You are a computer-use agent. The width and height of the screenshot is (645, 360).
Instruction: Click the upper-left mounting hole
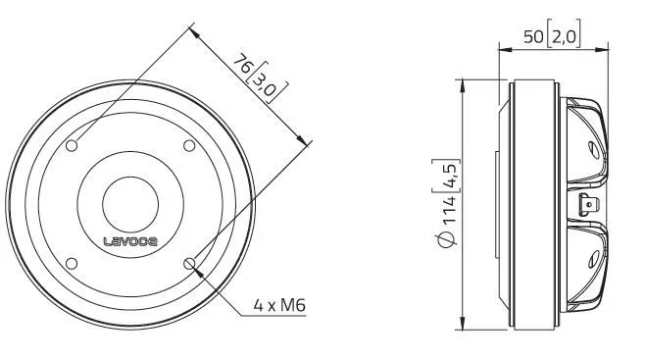(72, 145)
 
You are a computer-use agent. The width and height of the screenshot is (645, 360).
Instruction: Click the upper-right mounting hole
(189, 145)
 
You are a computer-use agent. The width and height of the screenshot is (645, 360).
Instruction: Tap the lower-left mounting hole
(72, 264)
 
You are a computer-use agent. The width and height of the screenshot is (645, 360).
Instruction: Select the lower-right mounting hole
(189, 264)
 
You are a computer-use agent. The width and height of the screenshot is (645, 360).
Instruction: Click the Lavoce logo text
(130, 241)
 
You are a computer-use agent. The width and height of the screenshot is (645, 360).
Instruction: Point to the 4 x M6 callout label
(279, 305)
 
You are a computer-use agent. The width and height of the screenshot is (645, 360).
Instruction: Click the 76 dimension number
(243, 64)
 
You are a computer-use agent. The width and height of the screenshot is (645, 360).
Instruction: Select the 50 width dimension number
(533, 37)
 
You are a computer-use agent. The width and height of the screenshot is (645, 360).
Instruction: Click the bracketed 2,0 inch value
(565, 37)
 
